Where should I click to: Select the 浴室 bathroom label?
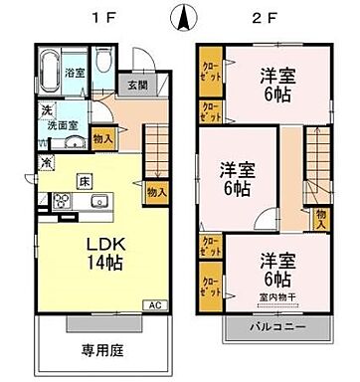[x=75, y=74]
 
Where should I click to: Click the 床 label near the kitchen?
[x=87, y=182]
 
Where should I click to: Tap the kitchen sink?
[x=98, y=203]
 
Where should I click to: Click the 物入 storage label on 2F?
[x=321, y=219]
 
